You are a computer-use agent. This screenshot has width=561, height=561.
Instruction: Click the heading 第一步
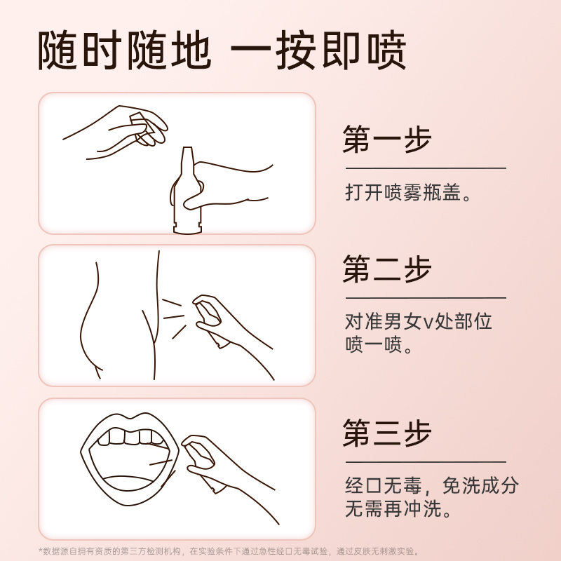387,139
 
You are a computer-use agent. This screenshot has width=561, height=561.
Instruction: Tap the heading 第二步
387,269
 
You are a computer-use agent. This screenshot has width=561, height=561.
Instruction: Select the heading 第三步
387,433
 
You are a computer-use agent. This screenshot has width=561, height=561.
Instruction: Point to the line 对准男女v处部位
418,321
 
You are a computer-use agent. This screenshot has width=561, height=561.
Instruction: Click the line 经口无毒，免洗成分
432,485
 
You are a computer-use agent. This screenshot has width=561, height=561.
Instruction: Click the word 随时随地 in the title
125,50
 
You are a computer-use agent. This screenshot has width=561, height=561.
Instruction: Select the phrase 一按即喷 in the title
318,50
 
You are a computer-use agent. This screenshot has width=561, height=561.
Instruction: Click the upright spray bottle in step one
187,191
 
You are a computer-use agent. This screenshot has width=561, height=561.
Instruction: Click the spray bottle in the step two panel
212,321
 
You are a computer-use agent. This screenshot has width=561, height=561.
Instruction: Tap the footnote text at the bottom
229,551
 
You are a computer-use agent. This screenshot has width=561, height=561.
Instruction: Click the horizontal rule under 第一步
426,168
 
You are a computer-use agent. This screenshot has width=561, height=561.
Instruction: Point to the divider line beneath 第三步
426,462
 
